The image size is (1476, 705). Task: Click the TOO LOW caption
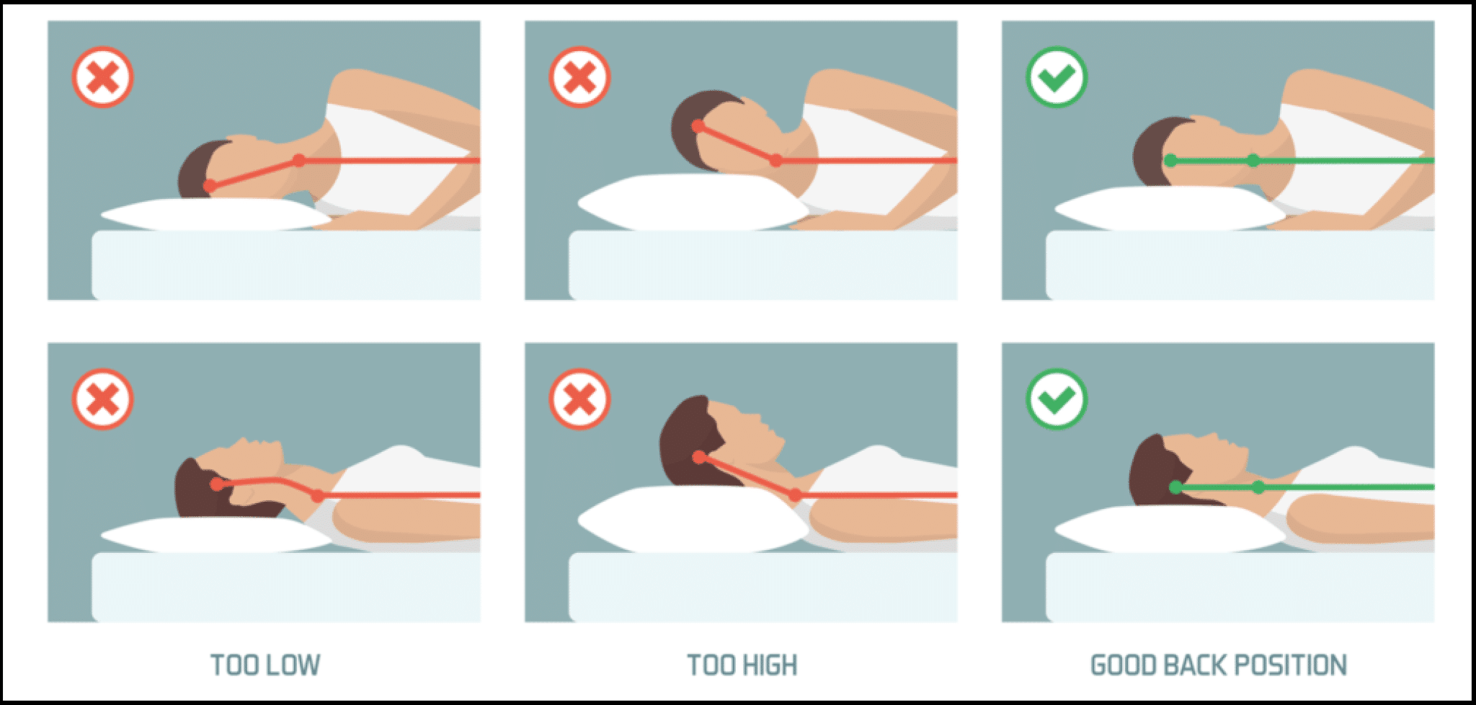tap(265, 665)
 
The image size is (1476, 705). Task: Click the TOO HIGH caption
tap(742, 665)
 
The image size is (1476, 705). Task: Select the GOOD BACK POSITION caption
tap(1219, 665)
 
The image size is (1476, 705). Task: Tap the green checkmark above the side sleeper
tap(1057, 77)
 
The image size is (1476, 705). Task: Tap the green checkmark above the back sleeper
tap(1057, 399)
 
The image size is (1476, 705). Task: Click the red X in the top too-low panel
tap(102, 77)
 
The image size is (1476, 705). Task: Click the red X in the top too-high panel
tap(579, 77)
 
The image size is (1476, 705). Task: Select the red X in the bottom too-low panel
tap(102, 399)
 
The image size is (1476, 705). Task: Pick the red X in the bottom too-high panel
tap(579, 399)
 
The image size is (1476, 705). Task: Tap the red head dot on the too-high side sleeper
tap(698, 127)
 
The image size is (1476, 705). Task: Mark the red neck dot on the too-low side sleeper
tap(299, 160)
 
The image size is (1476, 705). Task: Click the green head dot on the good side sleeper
tap(1171, 161)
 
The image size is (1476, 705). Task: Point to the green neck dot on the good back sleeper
tap(1258, 487)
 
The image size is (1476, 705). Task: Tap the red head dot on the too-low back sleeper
tap(216, 484)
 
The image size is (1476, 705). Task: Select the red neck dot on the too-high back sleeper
tap(794, 495)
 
